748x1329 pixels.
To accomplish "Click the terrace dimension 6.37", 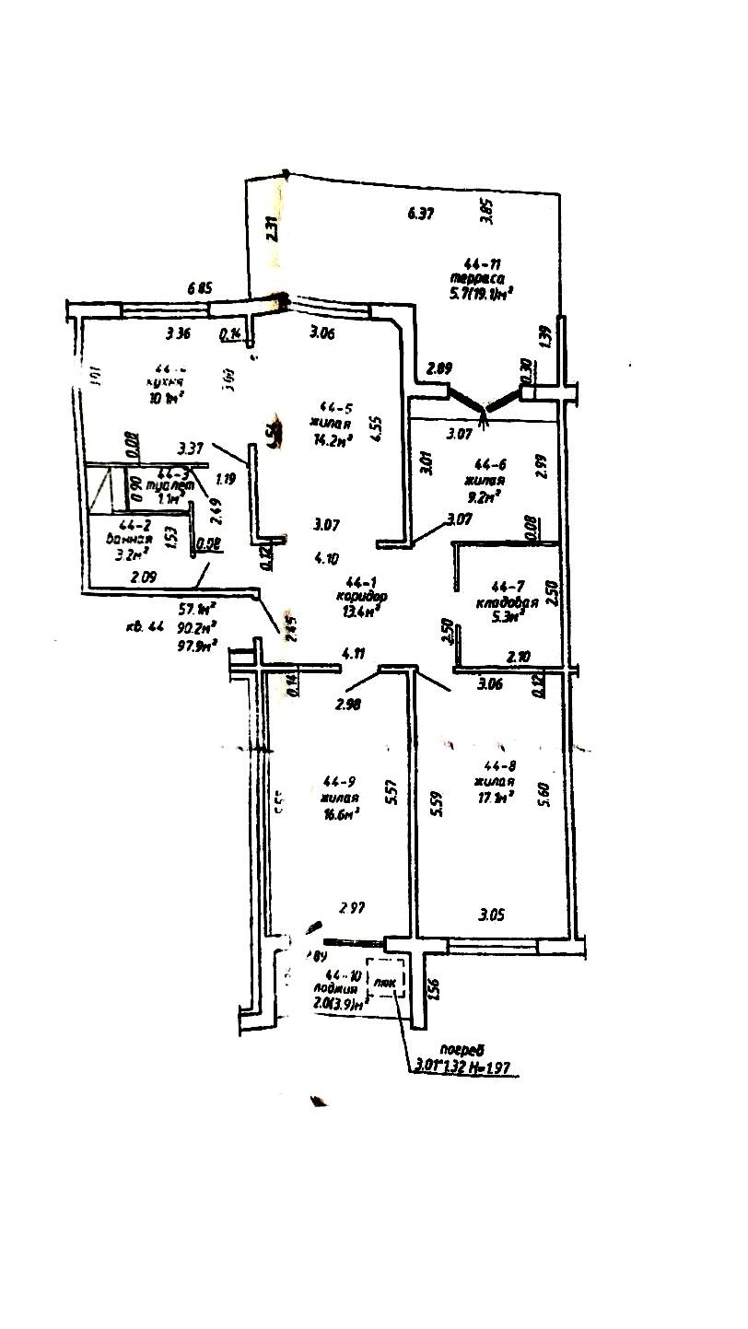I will coord(420,215).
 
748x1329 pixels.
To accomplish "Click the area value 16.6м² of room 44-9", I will coord(340,811).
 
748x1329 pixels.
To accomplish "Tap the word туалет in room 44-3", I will coord(174,485).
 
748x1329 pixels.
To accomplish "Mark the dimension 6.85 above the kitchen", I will coord(201,288).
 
